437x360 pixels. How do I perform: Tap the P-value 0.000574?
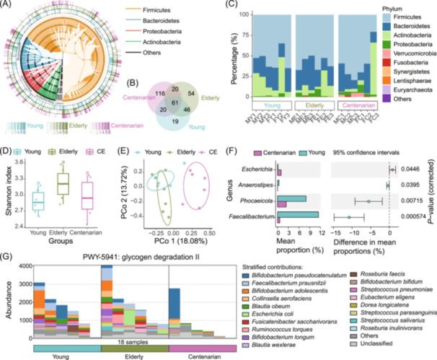click(418, 214)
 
